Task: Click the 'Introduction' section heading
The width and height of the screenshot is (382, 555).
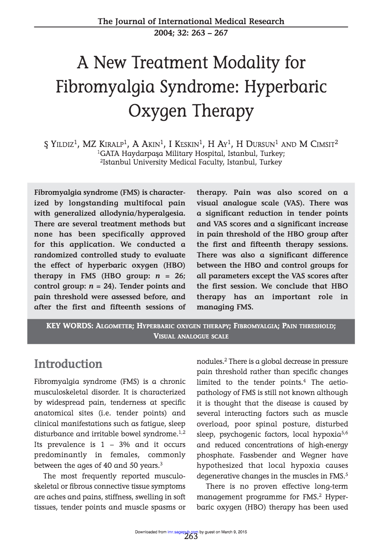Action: [68, 364]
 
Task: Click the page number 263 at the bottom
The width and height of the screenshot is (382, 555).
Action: [191, 537]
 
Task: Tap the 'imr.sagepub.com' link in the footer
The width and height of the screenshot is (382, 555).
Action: [183, 532]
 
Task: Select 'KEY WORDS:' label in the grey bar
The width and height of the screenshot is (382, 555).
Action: [70, 326]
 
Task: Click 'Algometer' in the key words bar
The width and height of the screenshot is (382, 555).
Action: [115, 326]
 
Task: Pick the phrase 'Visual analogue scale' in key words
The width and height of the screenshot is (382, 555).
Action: [191, 336]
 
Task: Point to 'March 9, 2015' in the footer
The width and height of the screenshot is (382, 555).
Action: [234, 532]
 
